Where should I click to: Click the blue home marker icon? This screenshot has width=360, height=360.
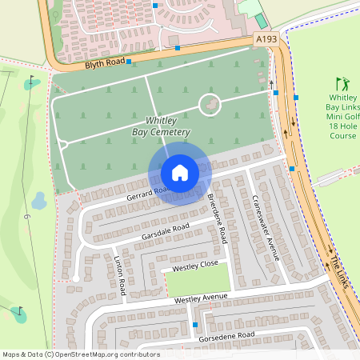point(180,172)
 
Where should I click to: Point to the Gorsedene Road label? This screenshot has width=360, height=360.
point(227,335)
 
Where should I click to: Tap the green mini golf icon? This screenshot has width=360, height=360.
point(342,83)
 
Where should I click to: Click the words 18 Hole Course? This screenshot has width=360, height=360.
point(342,130)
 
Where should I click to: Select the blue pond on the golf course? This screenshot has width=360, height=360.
point(38,199)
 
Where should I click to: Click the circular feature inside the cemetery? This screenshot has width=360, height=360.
point(210,104)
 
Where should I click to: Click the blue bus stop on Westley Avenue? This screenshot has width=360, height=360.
point(195,324)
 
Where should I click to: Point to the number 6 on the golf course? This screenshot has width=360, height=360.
point(26,217)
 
